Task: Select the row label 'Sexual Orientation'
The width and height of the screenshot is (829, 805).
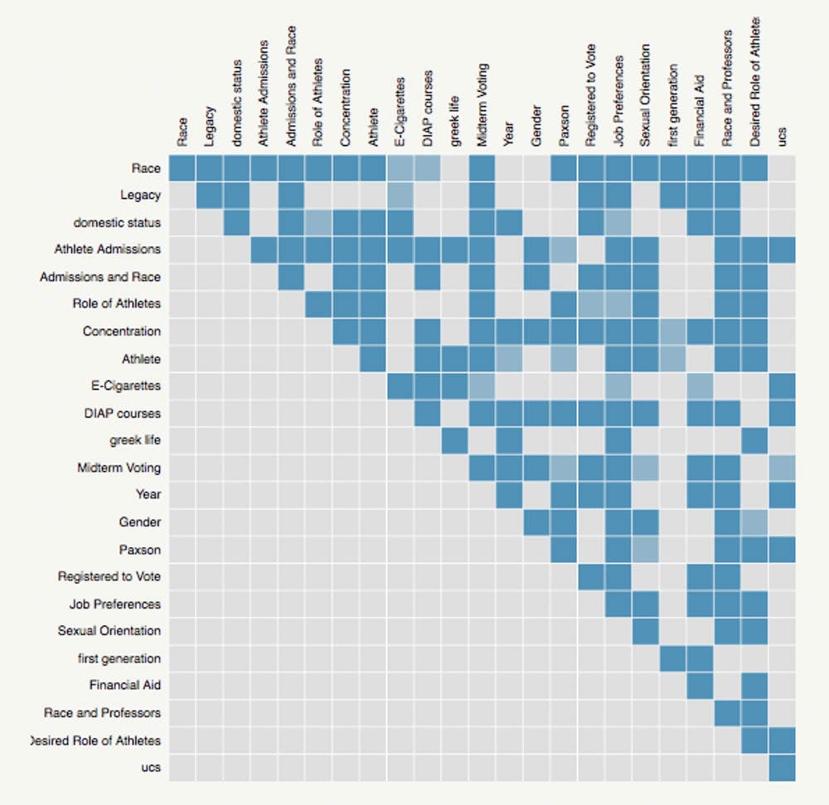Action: tap(109, 631)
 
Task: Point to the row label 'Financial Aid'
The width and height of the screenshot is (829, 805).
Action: tap(125, 686)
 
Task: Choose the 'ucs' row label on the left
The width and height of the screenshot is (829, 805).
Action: tap(151, 768)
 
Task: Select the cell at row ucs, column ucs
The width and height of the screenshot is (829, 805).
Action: tap(783, 768)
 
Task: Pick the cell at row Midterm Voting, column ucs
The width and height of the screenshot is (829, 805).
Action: tap(783, 468)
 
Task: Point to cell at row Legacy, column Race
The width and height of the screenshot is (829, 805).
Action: tap(182, 196)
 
